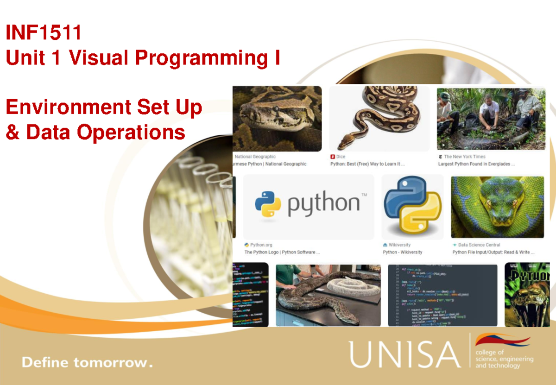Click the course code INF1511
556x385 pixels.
44,33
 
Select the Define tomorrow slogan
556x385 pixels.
87,362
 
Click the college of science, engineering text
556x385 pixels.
504,359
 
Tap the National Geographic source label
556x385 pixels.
255,157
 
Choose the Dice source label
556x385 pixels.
341,157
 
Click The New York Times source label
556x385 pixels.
464,157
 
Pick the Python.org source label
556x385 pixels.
261,245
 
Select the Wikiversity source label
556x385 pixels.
399,245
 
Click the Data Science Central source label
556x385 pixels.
479,245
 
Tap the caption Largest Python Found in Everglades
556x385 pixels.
476,164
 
